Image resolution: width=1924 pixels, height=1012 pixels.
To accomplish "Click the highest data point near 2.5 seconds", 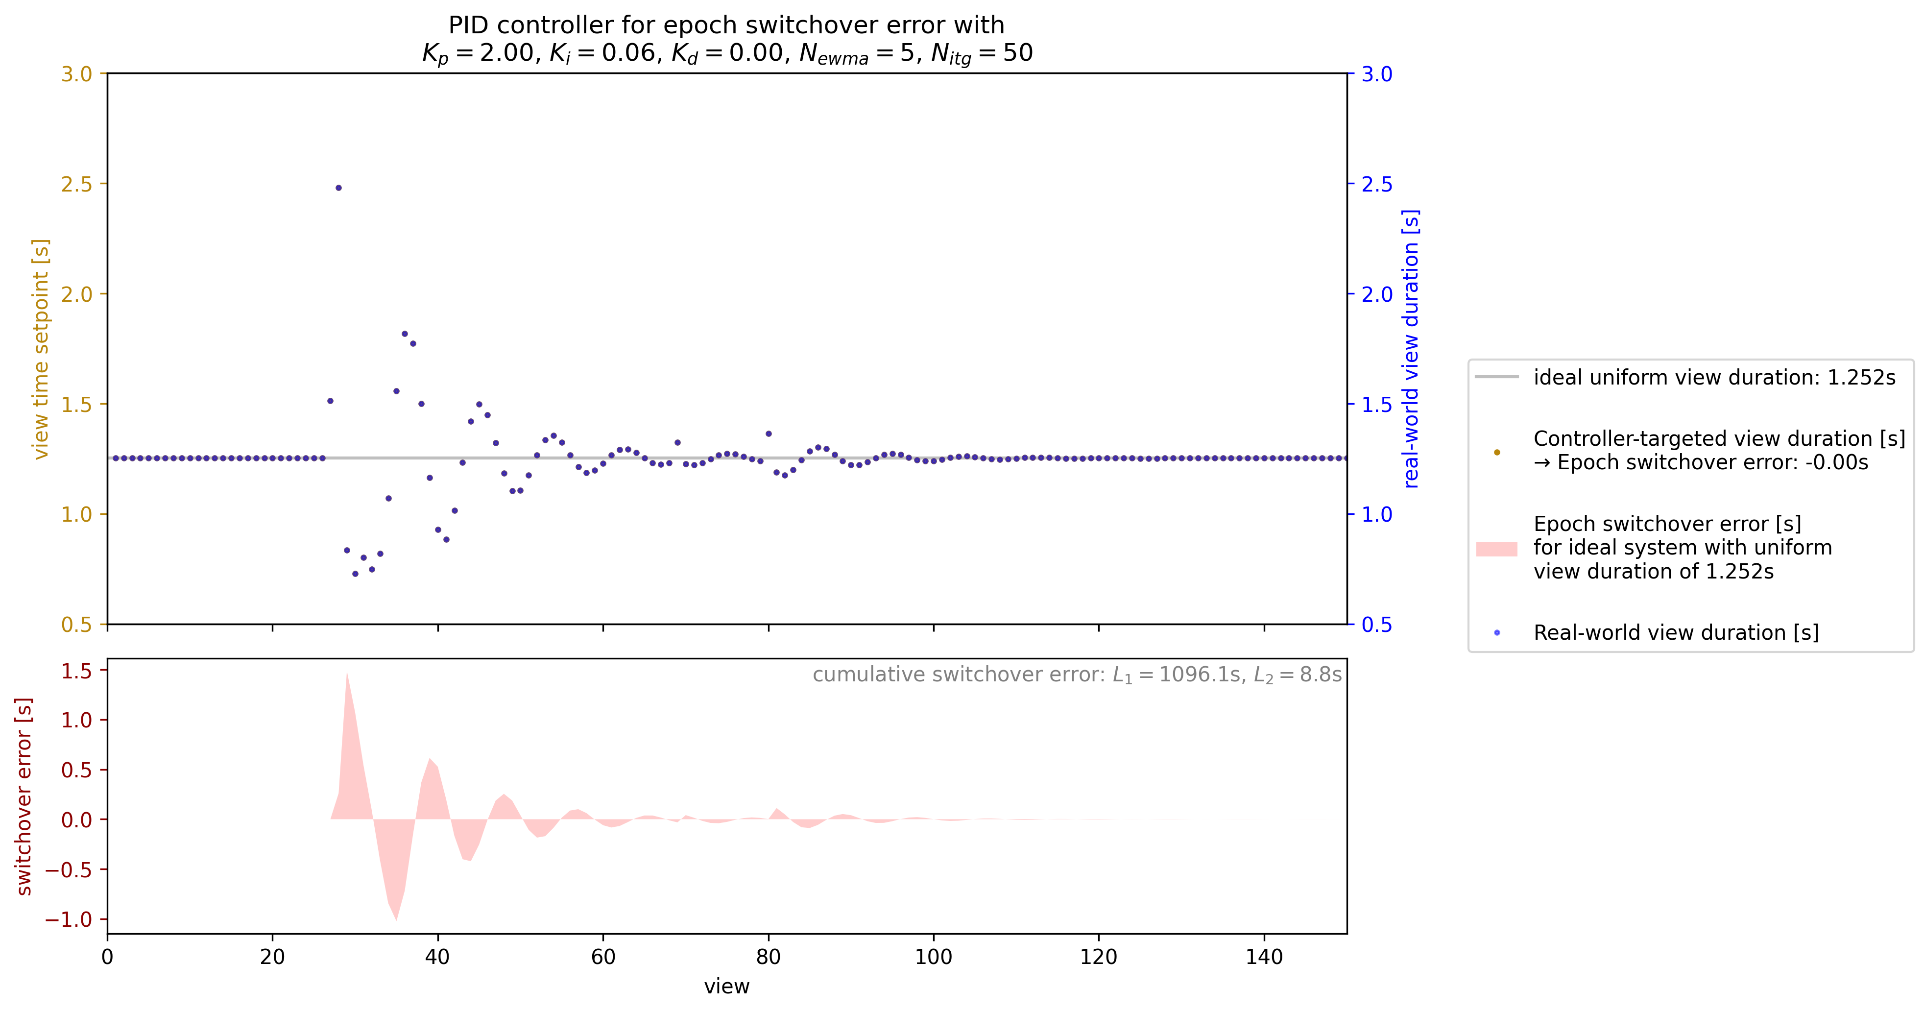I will click(x=338, y=188).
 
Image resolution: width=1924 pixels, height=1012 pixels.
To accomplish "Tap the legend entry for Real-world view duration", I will click(x=1675, y=632).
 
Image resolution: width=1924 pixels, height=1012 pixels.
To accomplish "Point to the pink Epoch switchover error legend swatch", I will click(x=1496, y=549).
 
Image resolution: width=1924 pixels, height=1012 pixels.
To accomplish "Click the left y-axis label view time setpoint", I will click(x=40, y=349).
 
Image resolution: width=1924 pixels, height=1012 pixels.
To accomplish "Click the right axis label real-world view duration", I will click(x=1410, y=349).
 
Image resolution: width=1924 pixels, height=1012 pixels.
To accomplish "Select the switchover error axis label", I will click(x=24, y=796).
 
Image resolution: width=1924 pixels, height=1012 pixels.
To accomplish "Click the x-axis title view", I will click(x=726, y=987).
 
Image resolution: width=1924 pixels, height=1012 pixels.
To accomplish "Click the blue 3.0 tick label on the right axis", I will click(x=1376, y=74).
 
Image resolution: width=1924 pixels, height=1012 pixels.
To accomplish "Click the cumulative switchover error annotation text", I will click(x=1076, y=675).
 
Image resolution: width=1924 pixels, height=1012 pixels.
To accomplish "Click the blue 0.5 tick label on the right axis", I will click(x=1376, y=625).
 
